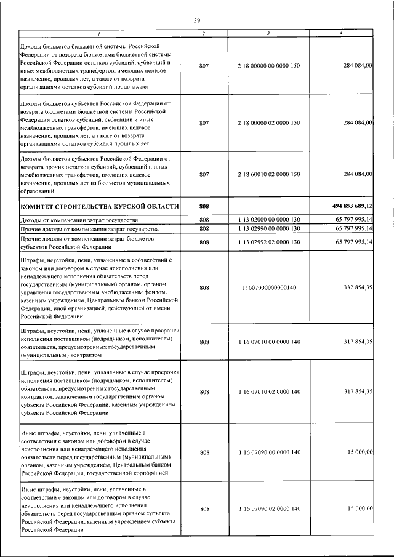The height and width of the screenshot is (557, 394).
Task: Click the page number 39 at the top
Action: click(198, 21)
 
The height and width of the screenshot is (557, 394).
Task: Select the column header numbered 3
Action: click(268, 33)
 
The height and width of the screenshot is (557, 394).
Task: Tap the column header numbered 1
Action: click(99, 33)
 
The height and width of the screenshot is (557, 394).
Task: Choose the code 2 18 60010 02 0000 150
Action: click(268, 174)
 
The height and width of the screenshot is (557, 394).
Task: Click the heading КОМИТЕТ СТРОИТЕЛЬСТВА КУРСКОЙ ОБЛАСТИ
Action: click(100, 206)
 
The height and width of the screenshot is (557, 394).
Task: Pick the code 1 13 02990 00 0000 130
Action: click(268, 228)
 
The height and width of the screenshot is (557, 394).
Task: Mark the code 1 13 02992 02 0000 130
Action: click(268, 242)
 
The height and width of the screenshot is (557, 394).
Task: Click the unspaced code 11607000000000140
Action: click(268, 287)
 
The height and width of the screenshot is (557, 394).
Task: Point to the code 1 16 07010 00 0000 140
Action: click(268, 343)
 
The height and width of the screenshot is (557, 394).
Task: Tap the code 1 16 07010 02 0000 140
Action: click(268, 391)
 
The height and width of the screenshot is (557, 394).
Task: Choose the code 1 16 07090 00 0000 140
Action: click(268, 452)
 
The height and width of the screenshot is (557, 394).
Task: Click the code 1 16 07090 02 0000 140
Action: click(268, 508)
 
